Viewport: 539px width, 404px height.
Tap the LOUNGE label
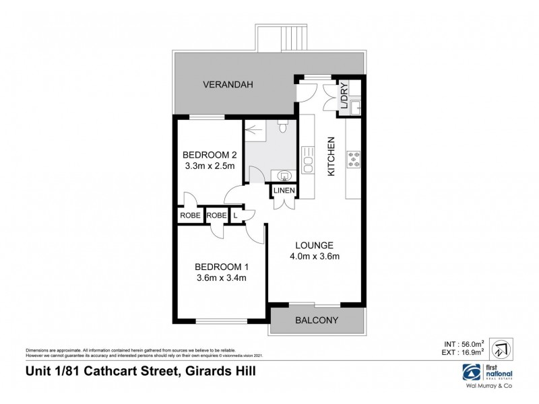(x=314, y=244)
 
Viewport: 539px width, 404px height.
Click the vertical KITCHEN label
(x=331, y=156)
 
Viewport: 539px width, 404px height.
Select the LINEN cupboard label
(x=283, y=191)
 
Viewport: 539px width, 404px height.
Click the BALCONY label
(x=317, y=321)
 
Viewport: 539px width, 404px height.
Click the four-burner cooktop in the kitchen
(x=354, y=160)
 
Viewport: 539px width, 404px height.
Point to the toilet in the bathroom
(x=284, y=125)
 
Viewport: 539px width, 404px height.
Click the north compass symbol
(x=499, y=348)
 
